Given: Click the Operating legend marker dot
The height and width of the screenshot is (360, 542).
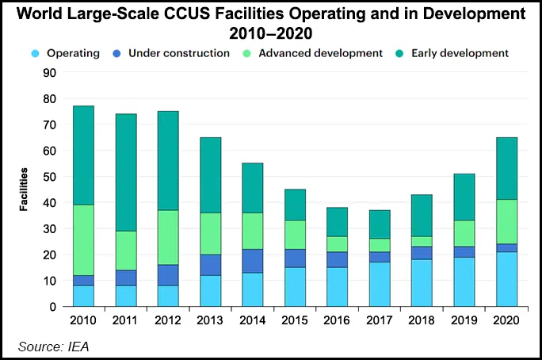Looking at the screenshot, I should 35,53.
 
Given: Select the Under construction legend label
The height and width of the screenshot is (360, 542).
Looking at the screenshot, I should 178,53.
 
